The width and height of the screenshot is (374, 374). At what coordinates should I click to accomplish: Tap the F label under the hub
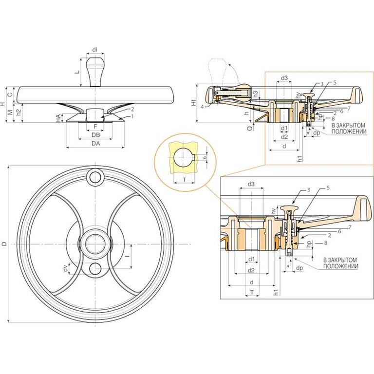click(95, 126)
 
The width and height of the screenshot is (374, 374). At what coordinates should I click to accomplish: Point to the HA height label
click(57, 118)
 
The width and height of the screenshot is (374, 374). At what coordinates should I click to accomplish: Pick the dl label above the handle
click(95, 49)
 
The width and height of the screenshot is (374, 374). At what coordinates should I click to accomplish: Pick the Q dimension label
click(249, 128)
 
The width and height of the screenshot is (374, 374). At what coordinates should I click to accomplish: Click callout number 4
click(202, 106)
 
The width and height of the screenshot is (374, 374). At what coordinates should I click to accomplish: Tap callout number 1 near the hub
click(132, 116)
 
